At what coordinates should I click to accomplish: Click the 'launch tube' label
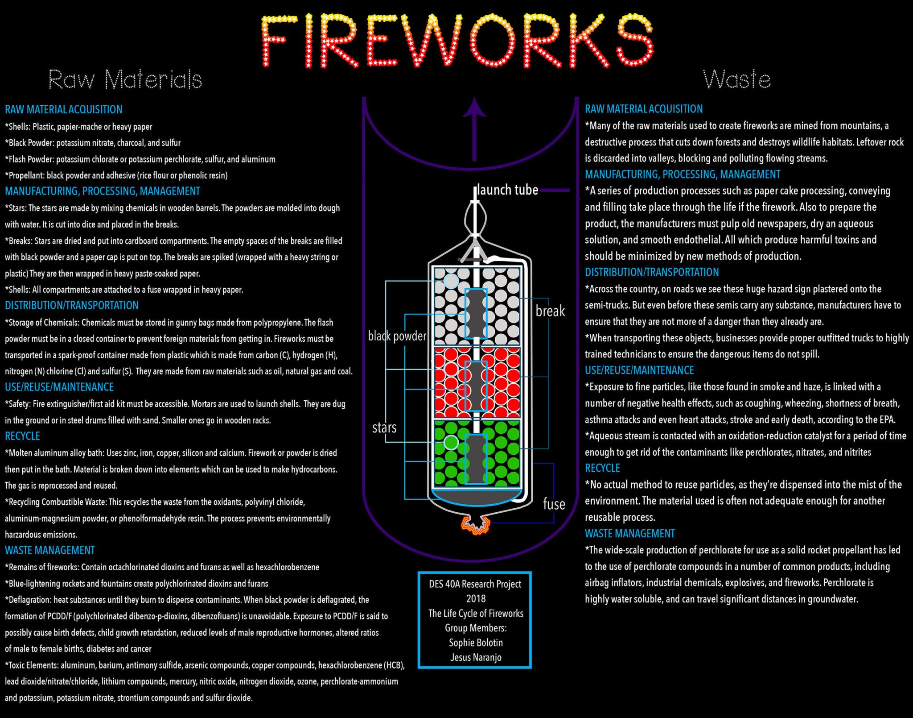coord(508,190)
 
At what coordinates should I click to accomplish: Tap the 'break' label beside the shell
coord(550,311)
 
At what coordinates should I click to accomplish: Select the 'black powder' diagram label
coord(397,336)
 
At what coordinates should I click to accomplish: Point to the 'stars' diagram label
coord(384,428)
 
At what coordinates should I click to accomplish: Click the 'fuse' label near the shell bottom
coord(554,504)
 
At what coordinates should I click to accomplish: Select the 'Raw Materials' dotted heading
coord(125,79)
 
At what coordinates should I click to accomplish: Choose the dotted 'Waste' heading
coord(736,79)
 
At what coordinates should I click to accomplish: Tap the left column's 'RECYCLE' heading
coord(22,436)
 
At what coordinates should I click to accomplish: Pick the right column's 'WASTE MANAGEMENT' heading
coord(629,533)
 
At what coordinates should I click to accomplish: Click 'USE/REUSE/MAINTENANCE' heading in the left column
coord(59,387)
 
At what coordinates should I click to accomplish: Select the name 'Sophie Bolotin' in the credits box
coord(476,643)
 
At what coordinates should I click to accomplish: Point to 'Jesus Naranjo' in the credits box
coord(476,657)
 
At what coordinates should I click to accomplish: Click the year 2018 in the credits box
coord(476,598)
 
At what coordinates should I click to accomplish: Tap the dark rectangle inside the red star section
coord(476,386)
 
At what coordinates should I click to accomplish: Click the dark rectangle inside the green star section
coord(476,459)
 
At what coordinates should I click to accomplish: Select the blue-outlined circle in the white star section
coord(451,281)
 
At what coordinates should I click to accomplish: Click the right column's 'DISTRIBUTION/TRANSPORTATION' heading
coord(652,272)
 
